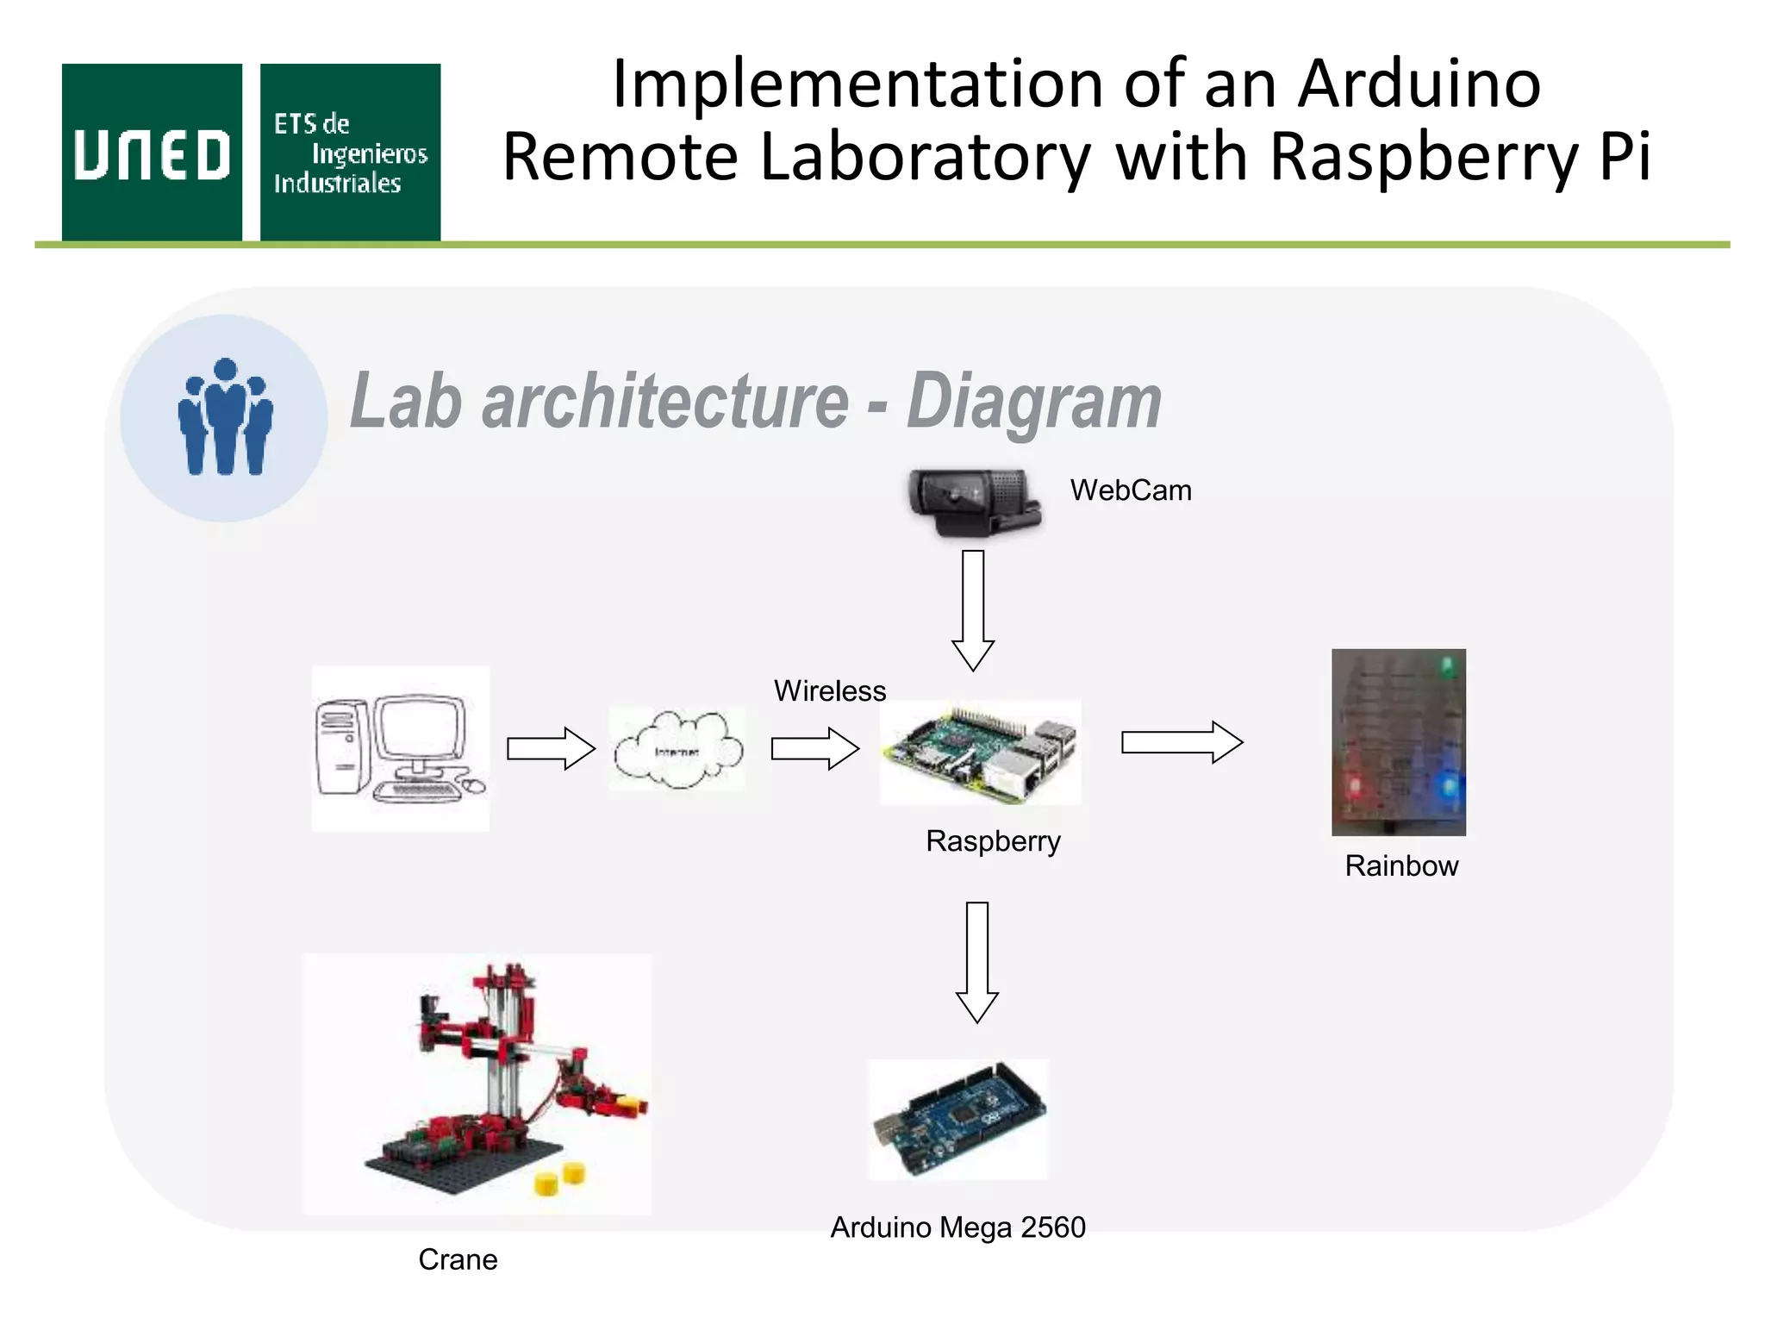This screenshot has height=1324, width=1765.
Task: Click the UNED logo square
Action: pyautogui.click(x=152, y=153)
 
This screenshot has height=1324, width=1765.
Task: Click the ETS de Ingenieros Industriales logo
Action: pyautogui.click(x=350, y=153)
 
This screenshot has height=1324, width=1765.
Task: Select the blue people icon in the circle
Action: pyautogui.click(x=225, y=417)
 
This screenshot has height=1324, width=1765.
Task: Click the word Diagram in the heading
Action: pyautogui.click(x=1033, y=401)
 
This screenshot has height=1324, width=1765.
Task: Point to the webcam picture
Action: pyautogui.click(x=974, y=503)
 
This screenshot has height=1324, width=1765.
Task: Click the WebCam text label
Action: pyautogui.click(x=1131, y=490)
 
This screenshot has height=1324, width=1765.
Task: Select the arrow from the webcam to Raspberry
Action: pyautogui.click(x=973, y=610)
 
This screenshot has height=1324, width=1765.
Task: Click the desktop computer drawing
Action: pyautogui.click(x=400, y=747)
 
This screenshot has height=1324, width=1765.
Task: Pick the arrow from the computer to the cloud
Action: pyautogui.click(x=551, y=747)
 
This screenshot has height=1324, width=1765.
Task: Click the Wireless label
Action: pyautogui.click(x=829, y=691)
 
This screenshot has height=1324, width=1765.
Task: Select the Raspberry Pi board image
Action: pyautogui.click(x=980, y=752)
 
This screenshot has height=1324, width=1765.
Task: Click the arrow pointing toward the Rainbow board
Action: pyautogui.click(x=1182, y=742)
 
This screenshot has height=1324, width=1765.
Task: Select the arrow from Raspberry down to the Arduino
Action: pyautogui.click(x=976, y=962)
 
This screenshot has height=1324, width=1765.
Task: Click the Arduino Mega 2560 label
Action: pyautogui.click(x=957, y=1227)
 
